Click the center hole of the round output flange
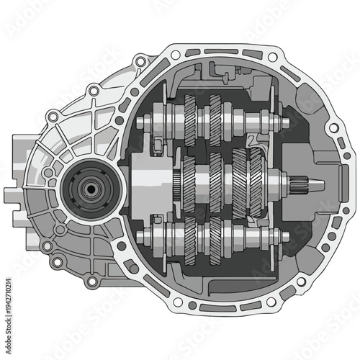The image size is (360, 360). (x=89, y=189)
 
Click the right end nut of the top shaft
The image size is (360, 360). (x=284, y=123)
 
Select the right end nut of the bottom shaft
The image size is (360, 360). (x=284, y=235)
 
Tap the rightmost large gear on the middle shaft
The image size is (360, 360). (x=256, y=179)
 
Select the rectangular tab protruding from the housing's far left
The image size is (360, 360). (x=10, y=194)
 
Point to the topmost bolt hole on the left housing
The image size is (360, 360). (x=93, y=90)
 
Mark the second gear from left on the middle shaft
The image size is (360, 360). (x=215, y=179)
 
